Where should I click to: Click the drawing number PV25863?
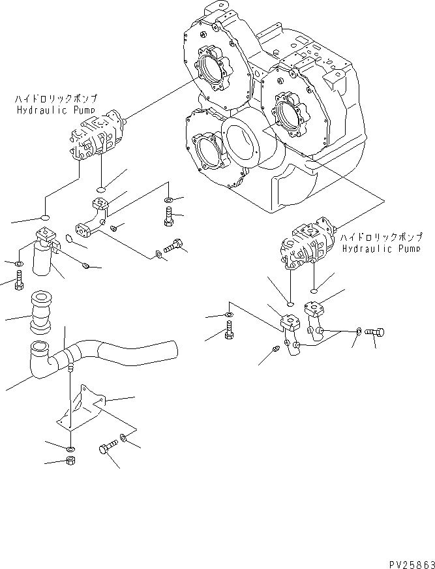coord(405,562)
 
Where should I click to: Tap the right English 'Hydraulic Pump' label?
coord(381,248)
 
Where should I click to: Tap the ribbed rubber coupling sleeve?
coord(41,312)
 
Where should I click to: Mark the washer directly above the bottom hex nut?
coord(70,449)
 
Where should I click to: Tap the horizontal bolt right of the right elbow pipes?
coord(375,332)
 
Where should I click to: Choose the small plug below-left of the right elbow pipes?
coord(276,350)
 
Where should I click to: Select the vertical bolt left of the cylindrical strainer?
coord(18,279)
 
